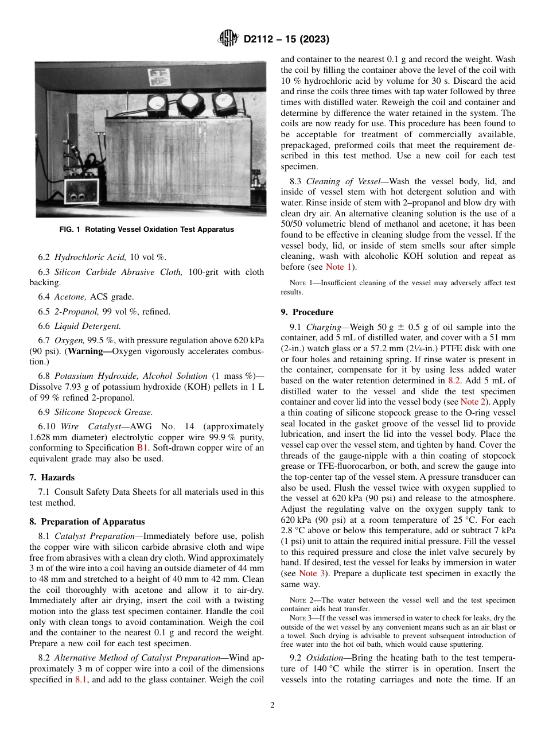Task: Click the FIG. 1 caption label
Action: (147, 230)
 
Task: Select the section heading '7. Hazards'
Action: (52, 477)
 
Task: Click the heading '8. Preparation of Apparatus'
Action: (87, 522)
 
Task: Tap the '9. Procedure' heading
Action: (307, 312)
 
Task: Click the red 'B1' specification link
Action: (142, 447)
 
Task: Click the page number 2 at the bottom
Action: (272, 705)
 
